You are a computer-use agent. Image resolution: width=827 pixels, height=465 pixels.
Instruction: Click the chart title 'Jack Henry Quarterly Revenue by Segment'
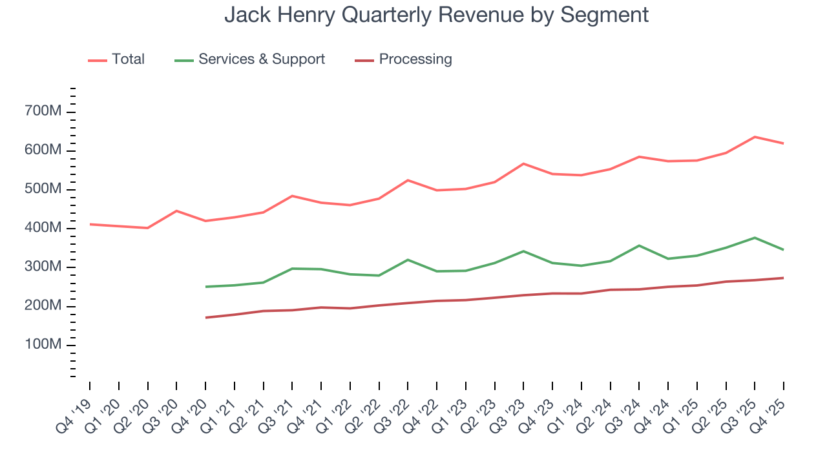pos(436,14)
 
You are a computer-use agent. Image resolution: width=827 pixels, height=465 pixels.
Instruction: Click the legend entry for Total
pos(128,59)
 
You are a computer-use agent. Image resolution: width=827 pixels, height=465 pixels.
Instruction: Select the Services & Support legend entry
pos(261,59)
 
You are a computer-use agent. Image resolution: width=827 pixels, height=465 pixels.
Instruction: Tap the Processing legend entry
pos(415,59)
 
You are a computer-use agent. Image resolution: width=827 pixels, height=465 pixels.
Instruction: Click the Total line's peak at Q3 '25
pos(755,137)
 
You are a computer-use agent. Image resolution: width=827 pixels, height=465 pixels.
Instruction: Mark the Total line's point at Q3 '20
pos(176,211)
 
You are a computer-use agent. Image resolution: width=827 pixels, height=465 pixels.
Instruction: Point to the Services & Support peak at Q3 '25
pos(755,238)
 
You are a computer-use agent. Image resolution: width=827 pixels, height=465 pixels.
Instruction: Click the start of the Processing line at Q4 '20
pos(205,318)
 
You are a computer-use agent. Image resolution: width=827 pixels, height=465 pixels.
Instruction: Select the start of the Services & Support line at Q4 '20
pos(205,287)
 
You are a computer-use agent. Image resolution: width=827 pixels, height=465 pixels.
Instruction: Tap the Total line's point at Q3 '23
pos(523,163)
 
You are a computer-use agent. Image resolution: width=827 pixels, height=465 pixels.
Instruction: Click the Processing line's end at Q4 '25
pos(784,278)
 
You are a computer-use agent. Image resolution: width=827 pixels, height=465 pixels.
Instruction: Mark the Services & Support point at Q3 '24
pos(639,245)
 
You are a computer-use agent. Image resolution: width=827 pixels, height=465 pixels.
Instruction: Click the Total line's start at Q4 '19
pos(90,224)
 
